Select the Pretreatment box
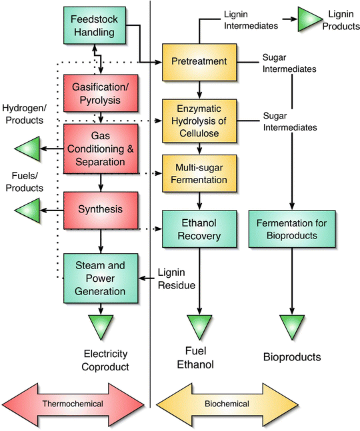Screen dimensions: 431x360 [x=199, y=62]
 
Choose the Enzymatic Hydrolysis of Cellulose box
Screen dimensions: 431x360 [x=199, y=121]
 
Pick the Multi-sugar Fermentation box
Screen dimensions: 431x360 [x=199, y=174]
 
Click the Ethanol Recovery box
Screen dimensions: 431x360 [x=199, y=229]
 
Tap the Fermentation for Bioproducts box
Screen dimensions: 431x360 [x=292, y=229]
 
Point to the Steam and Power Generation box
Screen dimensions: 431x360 [x=99, y=278]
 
